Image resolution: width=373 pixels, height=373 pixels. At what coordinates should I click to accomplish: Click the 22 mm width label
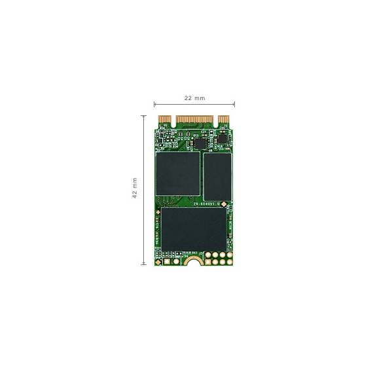tap(194, 98)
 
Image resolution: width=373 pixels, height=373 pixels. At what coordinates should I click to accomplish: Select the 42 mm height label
tap(135, 188)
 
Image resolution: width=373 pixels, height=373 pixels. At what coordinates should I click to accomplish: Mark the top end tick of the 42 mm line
tap(143, 116)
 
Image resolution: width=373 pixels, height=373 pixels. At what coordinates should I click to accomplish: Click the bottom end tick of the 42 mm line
tap(143, 264)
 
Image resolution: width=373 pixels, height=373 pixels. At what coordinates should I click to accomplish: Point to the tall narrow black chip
tap(217, 177)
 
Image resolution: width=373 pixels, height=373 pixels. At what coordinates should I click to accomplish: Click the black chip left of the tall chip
tap(177, 173)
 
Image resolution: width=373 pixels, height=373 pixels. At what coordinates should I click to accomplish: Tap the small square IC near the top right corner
tap(222, 138)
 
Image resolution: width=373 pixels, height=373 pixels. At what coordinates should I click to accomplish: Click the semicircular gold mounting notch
tap(192, 262)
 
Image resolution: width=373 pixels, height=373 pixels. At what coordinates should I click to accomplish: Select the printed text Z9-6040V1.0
tap(206, 205)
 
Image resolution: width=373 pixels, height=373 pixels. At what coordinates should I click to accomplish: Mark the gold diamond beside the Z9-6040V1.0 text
tap(225, 205)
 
